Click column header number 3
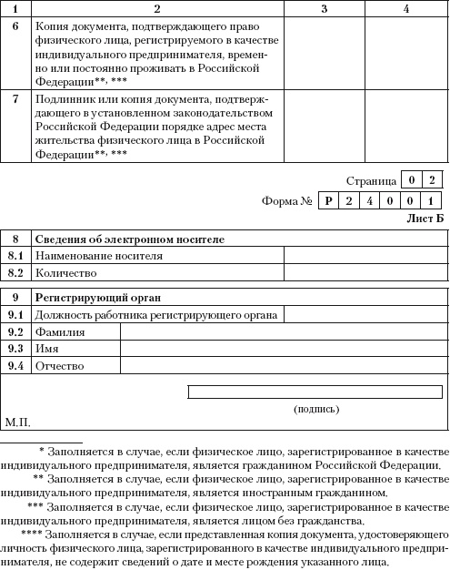point(324,8)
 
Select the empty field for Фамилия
point(284,332)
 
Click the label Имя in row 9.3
point(46,349)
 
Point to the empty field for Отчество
point(284,366)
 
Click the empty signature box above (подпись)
point(315,392)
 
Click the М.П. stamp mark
point(18,422)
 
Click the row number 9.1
point(15,315)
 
